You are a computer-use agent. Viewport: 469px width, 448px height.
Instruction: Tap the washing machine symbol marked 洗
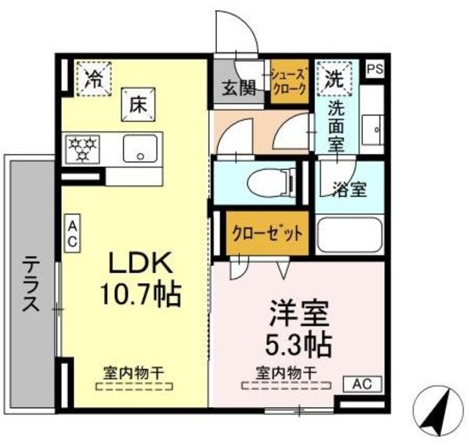[334, 78]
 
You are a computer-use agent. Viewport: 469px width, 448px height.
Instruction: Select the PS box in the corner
[375, 70]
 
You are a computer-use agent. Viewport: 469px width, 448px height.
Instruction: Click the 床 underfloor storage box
[137, 105]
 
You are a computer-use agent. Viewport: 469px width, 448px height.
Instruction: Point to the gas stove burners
[83, 148]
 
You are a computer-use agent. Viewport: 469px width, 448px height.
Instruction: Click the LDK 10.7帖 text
[141, 278]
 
